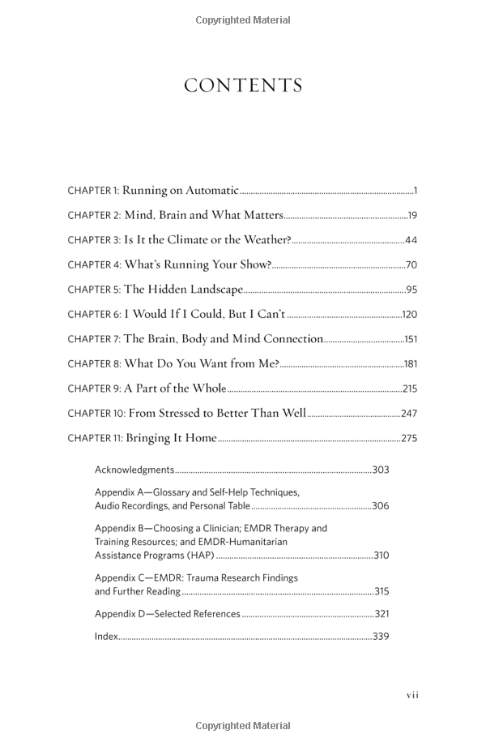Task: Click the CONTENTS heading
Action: pyautogui.click(x=243, y=86)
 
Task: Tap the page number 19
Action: pyautogui.click(x=412, y=216)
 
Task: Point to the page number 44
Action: pyautogui.click(x=411, y=240)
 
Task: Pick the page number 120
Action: pyautogui.click(x=409, y=315)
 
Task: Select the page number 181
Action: pyautogui.click(x=410, y=364)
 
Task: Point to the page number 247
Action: pyautogui.click(x=409, y=414)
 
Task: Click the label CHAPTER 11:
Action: pyautogui.click(x=95, y=439)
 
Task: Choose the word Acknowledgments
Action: pyautogui.click(x=134, y=470)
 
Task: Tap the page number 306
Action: pyautogui.click(x=380, y=506)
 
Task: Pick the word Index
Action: pyautogui.click(x=106, y=637)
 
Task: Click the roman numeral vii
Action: pyautogui.click(x=412, y=695)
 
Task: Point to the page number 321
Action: pyautogui.click(x=382, y=614)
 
